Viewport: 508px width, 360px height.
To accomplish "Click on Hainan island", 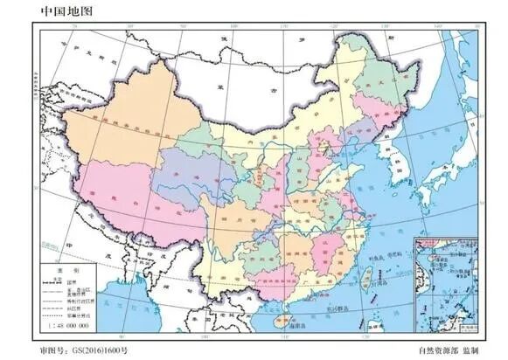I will pyautogui.click(x=282, y=322).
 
